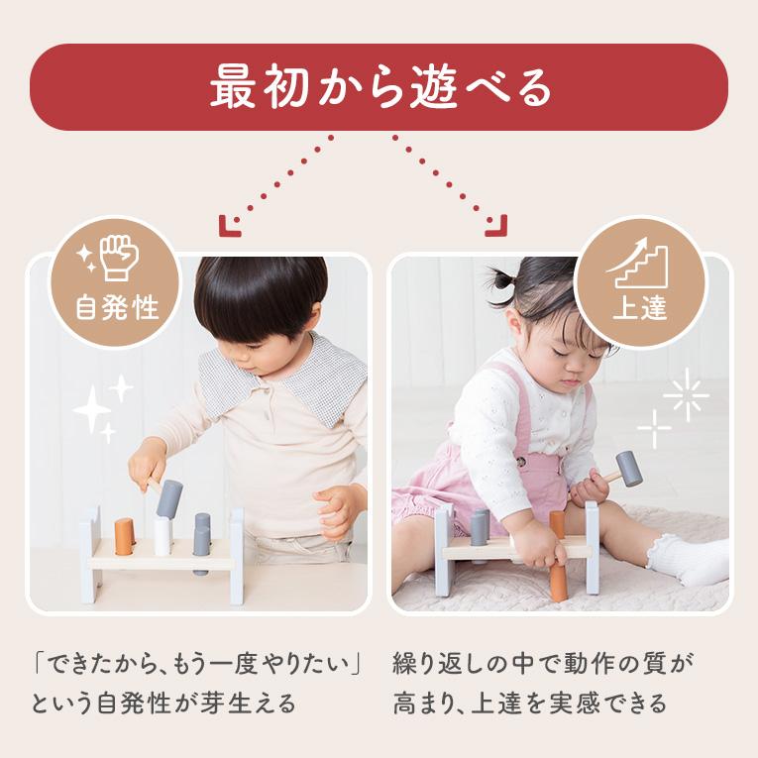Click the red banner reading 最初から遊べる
[x=379, y=87]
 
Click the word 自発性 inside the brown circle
[x=118, y=308]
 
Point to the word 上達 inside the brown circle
[x=640, y=306]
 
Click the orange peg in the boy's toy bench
[x=124, y=536]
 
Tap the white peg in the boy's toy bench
[x=162, y=537]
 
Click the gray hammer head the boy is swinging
[x=169, y=498]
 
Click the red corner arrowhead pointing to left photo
[x=230, y=226]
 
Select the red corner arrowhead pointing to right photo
[x=496, y=226]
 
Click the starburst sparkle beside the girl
[x=687, y=394]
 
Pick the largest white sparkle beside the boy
[x=92, y=409]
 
